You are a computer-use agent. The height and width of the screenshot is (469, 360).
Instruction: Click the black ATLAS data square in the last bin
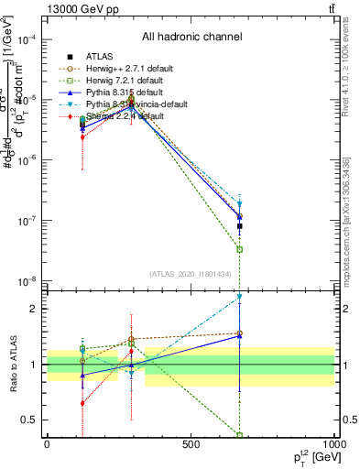(x=240, y=225)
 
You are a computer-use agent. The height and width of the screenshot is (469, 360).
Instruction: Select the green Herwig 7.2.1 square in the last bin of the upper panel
(x=240, y=249)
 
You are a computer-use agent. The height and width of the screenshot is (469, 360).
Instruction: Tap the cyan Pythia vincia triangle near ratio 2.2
(x=240, y=297)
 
